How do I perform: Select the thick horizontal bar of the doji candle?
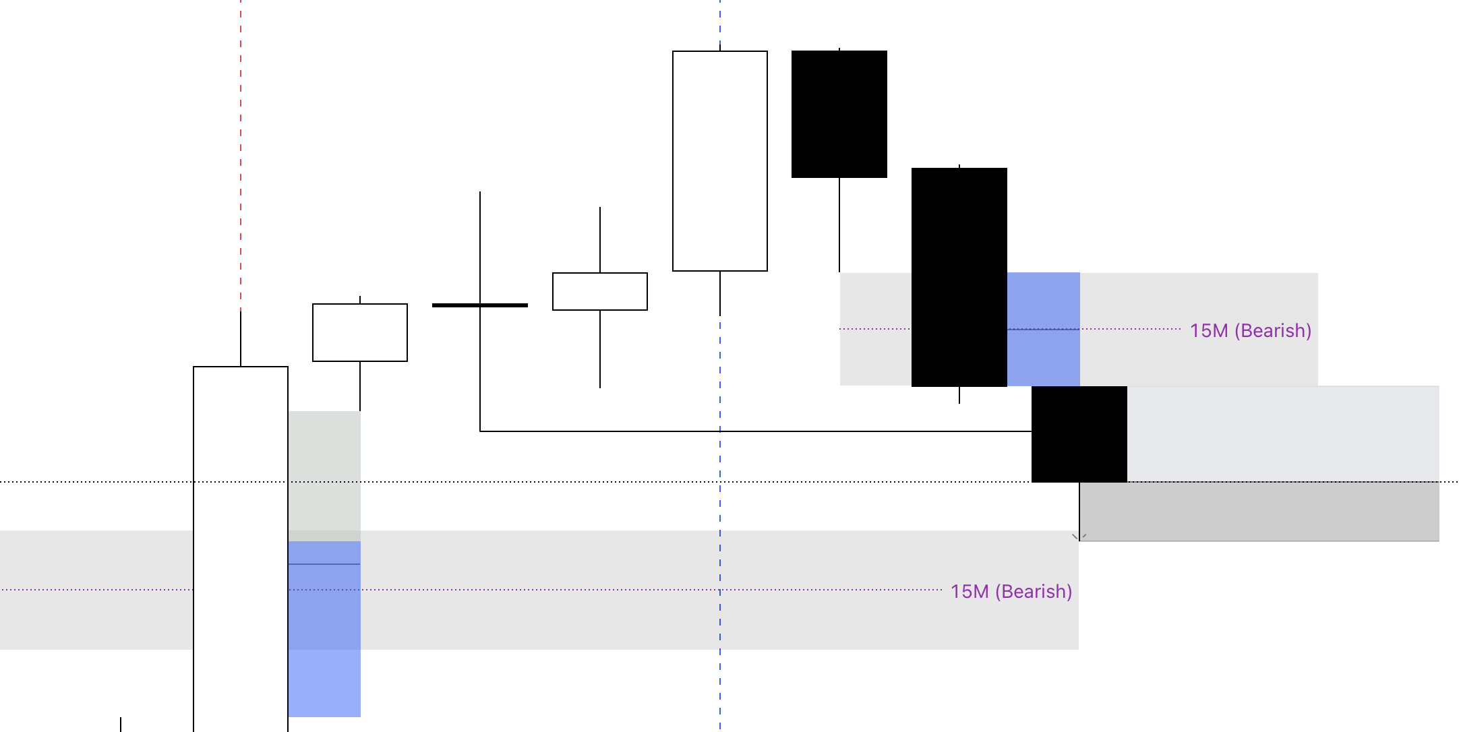tap(480, 305)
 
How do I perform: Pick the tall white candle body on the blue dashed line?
tap(720, 161)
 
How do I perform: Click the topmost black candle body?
tap(839, 114)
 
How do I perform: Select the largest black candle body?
tap(959, 277)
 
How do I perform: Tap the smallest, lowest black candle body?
tap(1079, 434)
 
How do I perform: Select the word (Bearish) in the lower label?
tap(1037, 592)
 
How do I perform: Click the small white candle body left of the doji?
tap(360, 332)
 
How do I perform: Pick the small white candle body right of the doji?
tap(600, 291)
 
